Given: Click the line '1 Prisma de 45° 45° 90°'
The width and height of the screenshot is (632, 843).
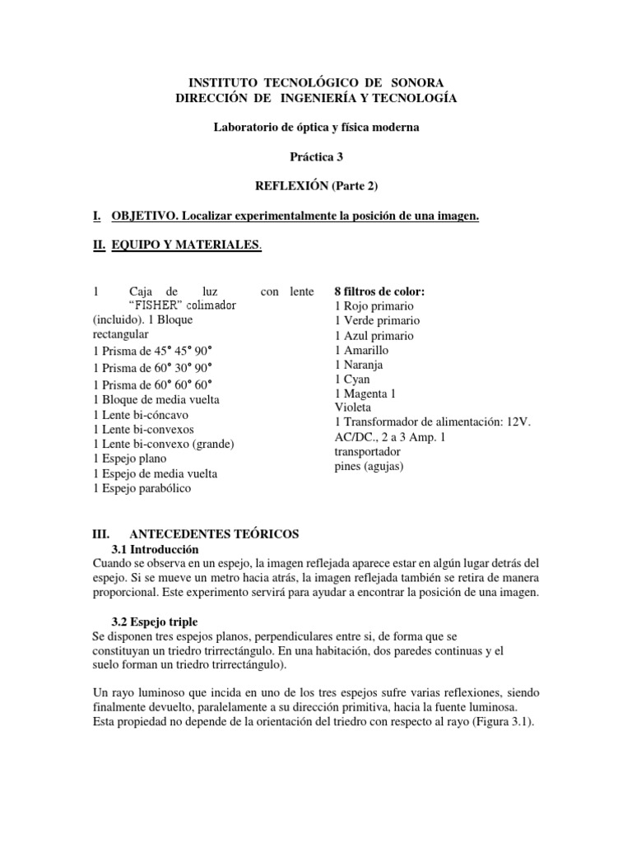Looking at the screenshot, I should click(153, 352).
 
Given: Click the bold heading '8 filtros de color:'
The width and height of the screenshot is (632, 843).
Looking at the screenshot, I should click(379, 291).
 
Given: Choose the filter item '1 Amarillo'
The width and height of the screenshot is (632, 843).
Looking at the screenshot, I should click(362, 350).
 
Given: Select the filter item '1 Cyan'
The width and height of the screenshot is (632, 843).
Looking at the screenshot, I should click(353, 380).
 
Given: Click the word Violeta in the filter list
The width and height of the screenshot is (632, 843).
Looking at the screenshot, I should click(353, 408).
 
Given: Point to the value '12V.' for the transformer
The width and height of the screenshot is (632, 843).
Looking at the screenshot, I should click(520, 422).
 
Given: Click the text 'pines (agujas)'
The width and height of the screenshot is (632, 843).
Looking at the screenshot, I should click(369, 467).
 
